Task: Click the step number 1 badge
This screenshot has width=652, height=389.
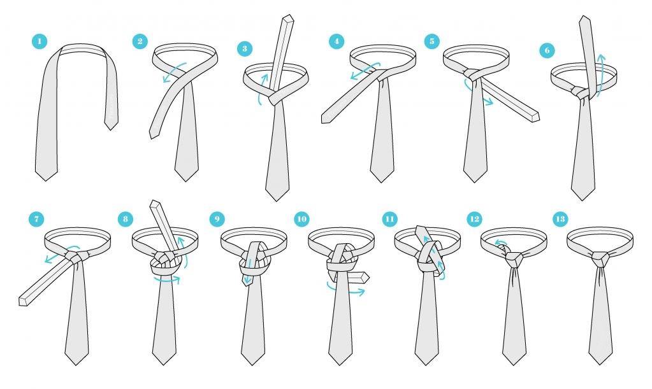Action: tap(40, 41)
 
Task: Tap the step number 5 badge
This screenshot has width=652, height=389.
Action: tap(432, 41)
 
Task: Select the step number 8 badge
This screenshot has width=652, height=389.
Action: tap(125, 219)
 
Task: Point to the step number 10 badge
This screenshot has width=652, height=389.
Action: tap(301, 219)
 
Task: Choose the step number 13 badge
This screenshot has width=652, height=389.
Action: tap(560, 219)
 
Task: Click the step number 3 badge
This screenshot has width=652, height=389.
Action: tap(245, 48)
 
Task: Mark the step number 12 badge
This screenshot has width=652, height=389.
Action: tap(474, 219)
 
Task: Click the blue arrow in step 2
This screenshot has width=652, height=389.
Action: tap(174, 72)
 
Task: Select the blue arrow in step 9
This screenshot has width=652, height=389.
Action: tap(249, 272)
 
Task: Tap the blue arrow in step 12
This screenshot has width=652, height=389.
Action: tap(500, 243)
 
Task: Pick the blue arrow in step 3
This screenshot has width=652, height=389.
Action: tap(261, 88)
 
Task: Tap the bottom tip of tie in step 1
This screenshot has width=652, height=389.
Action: tap(46, 181)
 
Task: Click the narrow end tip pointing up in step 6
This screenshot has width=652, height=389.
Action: tap(585, 17)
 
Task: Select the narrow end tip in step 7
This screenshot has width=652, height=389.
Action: tap(23, 302)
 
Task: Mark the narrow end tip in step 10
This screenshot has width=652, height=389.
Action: tap(366, 277)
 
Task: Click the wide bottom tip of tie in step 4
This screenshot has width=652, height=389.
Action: tap(382, 182)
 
